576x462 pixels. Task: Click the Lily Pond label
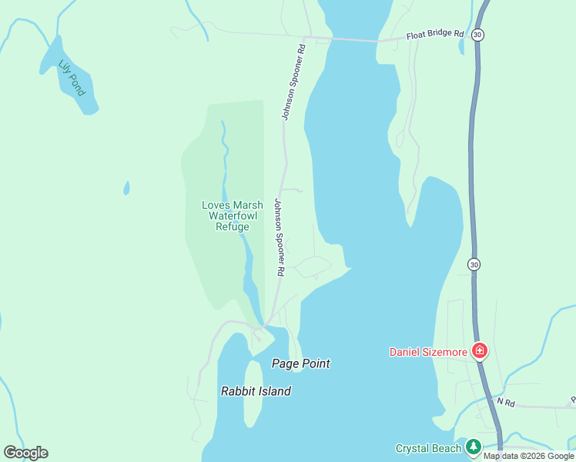pyautogui.click(x=72, y=79)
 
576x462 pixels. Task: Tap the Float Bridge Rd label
pyautogui.click(x=436, y=35)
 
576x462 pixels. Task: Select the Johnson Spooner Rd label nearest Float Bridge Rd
pyautogui.click(x=293, y=82)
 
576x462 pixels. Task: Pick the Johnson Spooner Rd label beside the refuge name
pyautogui.click(x=280, y=238)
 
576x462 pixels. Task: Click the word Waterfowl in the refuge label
pyautogui.click(x=226, y=216)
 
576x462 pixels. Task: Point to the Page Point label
pyautogui.click(x=301, y=363)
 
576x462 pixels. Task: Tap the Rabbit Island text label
pyautogui.click(x=256, y=391)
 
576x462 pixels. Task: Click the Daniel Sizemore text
pyautogui.click(x=428, y=353)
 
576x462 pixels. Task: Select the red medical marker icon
pyautogui.click(x=480, y=351)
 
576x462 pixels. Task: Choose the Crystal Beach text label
pyautogui.click(x=427, y=448)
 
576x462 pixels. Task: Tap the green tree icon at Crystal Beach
pyautogui.click(x=473, y=447)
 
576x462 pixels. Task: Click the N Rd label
pyautogui.click(x=505, y=402)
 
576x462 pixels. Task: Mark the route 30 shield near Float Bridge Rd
pyautogui.click(x=478, y=35)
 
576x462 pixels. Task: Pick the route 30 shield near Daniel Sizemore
pyautogui.click(x=474, y=264)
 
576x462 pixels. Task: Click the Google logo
pyautogui.click(x=25, y=453)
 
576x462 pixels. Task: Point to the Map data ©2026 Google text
pyautogui.click(x=528, y=456)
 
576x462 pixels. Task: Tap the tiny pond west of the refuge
pyautogui.click(x=126, y=188)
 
